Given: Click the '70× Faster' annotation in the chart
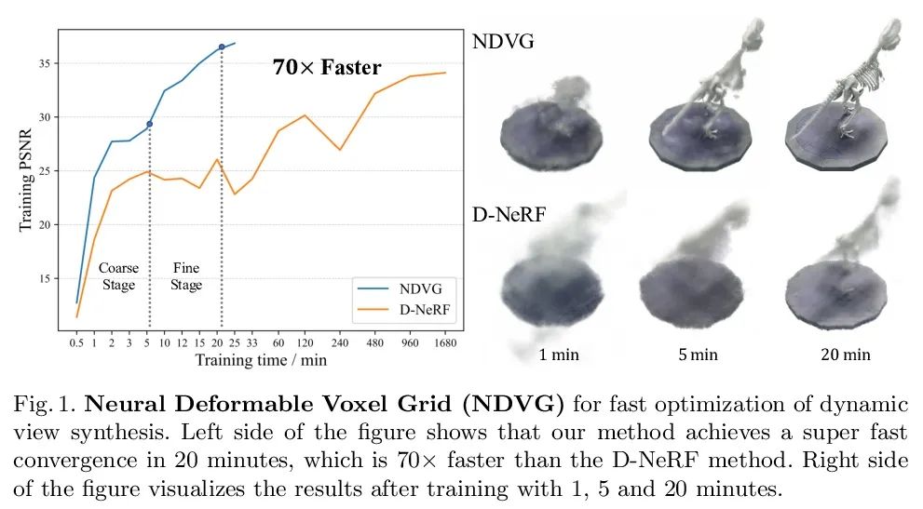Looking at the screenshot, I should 327,67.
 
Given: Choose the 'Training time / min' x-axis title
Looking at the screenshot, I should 261,359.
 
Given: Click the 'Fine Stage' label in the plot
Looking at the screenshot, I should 186,276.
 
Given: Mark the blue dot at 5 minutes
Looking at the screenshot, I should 149,124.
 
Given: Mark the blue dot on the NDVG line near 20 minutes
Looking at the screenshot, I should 222,47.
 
